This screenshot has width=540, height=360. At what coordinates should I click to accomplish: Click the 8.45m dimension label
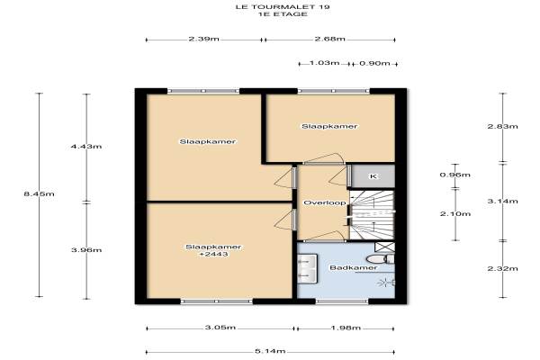tap(39, 194)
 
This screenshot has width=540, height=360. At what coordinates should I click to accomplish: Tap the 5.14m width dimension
tap(270, 351)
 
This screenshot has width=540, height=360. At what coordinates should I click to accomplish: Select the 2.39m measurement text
tap(204, 39)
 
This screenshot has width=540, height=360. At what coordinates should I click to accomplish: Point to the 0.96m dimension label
tap(454, 175)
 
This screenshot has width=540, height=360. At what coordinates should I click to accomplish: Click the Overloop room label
tap(324, 202)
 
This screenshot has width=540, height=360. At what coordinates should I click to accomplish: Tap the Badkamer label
tap(354, 267)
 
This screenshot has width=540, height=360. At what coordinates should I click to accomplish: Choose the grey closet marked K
tap(373, 176)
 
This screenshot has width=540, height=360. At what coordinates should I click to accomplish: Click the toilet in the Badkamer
tap(380, 258)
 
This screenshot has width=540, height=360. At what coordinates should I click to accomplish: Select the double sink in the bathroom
tap(307, 269)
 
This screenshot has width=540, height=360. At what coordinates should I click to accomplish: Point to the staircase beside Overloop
tap(372, 215)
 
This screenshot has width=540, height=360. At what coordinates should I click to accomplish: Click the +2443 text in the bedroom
tap(214, 254)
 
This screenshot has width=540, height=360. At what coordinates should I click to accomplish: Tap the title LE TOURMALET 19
tap(283, 7)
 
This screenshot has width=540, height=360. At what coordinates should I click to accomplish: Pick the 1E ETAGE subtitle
tap(283, 14)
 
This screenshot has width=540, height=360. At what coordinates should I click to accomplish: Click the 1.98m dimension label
tap(346, 328)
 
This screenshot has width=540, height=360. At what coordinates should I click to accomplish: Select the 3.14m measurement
tap(502, 202)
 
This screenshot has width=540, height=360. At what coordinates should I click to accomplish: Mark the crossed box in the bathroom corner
tap(384, 247)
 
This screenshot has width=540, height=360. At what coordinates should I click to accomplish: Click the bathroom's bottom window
tap(342, 301)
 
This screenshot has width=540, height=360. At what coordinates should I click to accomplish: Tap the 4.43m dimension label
tap(86, 147)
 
